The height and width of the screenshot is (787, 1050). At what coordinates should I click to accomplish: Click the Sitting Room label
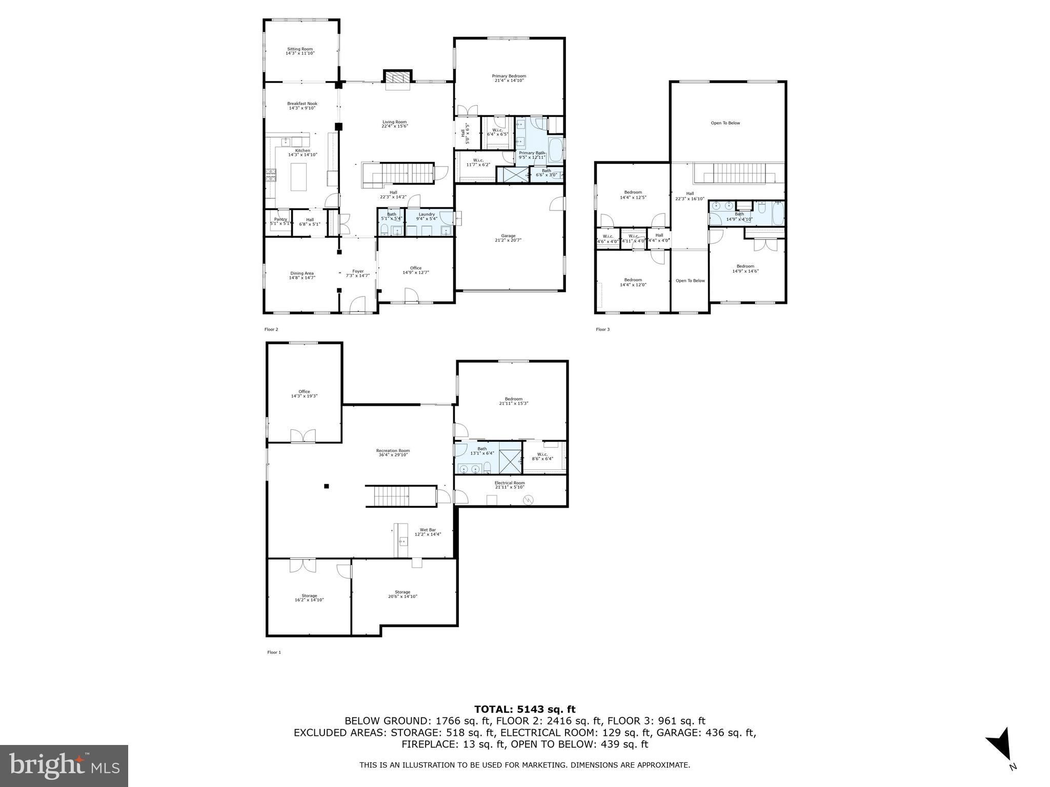299,49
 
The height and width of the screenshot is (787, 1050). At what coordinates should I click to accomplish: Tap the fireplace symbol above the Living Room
398,77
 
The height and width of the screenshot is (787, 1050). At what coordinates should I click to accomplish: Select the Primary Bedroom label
509,76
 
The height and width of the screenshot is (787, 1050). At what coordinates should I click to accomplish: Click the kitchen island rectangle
298,177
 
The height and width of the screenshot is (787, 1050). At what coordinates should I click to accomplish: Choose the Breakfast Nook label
302,104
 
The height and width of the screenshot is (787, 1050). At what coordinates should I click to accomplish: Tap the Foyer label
357,272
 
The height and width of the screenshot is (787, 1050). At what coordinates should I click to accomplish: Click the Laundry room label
427,215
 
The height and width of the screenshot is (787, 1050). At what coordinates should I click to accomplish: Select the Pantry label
280,219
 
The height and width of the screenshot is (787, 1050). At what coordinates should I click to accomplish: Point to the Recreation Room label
393,451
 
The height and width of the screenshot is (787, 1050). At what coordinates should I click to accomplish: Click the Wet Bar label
428,530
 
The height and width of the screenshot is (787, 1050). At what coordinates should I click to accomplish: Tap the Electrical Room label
510,483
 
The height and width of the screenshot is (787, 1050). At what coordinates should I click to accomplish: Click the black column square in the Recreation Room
326,486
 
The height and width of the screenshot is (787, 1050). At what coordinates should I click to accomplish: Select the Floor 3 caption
602,329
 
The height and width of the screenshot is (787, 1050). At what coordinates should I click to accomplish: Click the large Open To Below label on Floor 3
725,123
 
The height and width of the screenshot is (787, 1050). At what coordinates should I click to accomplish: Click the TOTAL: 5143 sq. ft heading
524,710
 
